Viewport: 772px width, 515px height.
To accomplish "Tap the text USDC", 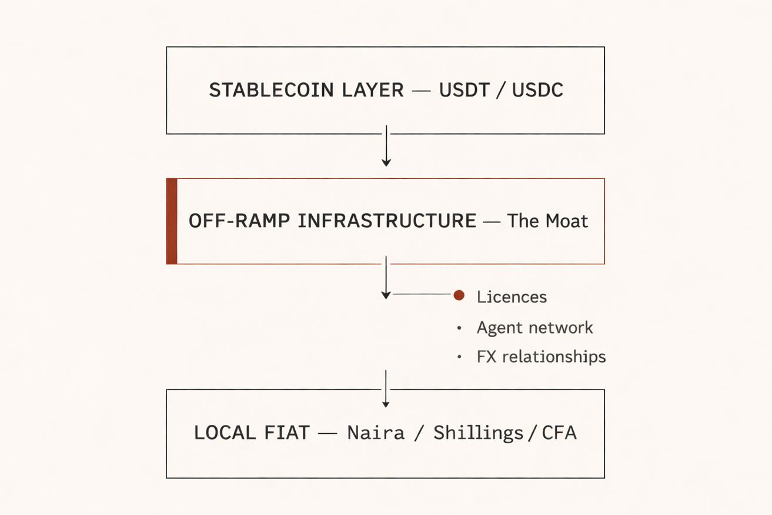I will pyautogui.click(x=537, y=90).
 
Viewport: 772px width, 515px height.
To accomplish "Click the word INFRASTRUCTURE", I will pyautogui.click(x=386, y=221).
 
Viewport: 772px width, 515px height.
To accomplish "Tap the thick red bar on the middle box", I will pyautogui.click(x=172, y=221).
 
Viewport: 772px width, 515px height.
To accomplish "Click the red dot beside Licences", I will pyautogui.click(x=459, y=295).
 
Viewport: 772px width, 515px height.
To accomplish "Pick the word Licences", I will pyautogui.click(x=512, y=297).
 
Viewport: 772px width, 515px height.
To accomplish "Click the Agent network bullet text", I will pyautogui.click(x=534, y=327).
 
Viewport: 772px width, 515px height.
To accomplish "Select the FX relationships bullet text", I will pyautogui.click(x=541, y=357).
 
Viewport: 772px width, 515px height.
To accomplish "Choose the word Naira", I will pyautogui.click(x=376, y=433).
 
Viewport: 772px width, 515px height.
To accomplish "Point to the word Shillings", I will pyautogui.click(x=478, y=433).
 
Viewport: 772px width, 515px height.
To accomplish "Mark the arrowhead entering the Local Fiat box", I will pyautogui.click(x=386, y=403).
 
